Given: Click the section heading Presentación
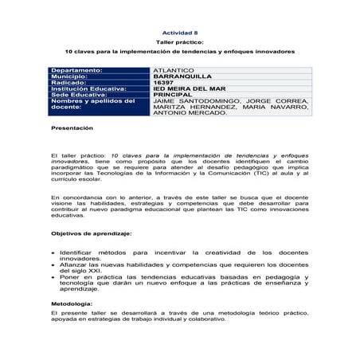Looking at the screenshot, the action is tap(72, 127).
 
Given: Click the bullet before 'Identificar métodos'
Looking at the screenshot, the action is tap(52, 252).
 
